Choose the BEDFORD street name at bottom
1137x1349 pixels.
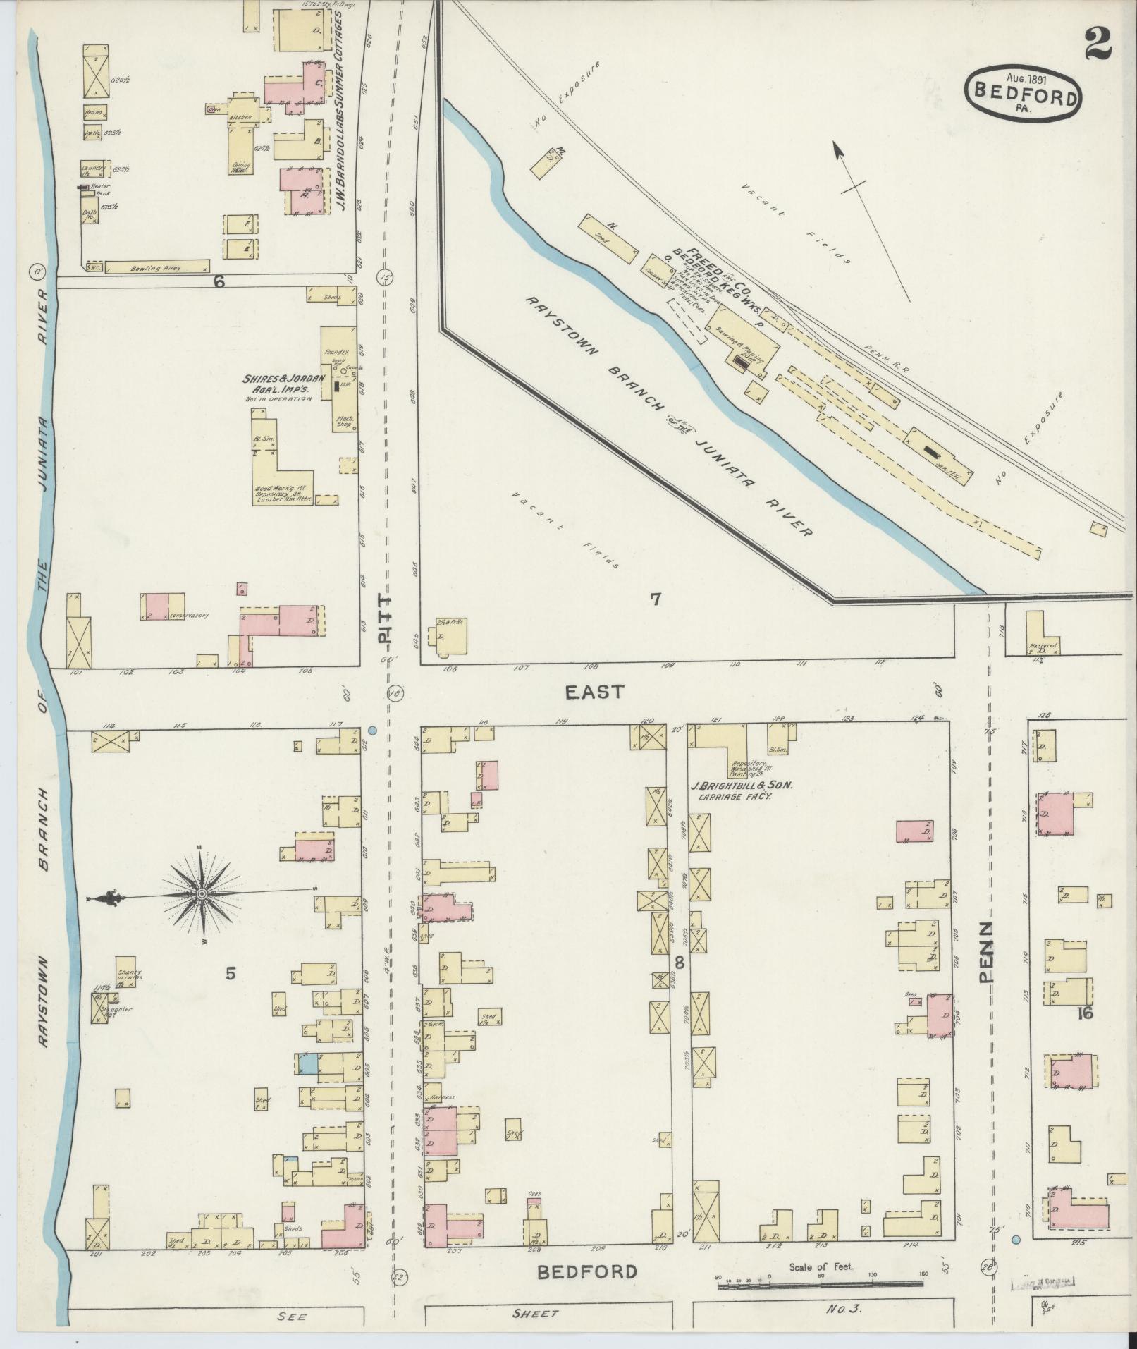(587, 1272)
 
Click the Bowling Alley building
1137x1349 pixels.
(156, 269)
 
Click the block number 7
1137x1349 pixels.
(656, 599)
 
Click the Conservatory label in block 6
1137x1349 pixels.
(188, 616)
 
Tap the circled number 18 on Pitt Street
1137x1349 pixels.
(393, 694)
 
